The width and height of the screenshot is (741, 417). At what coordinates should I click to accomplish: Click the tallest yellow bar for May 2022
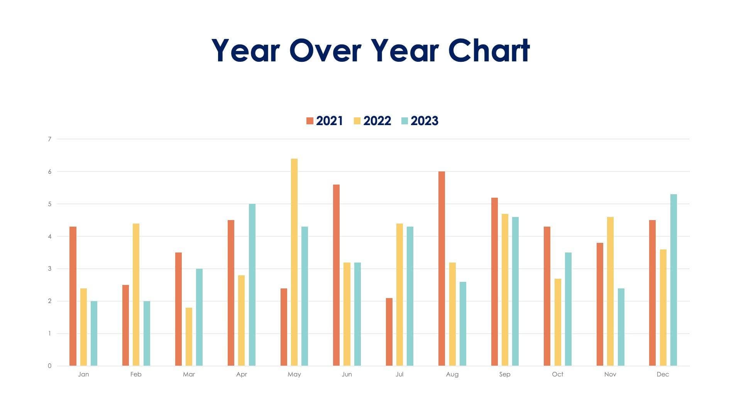(x=294, y=263)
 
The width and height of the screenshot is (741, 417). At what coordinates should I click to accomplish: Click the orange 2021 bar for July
(x=389, y=332)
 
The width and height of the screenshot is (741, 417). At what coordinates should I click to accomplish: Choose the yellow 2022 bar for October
(x=558, y=322)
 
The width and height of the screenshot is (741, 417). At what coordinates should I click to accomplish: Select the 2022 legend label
(x=377, y=121)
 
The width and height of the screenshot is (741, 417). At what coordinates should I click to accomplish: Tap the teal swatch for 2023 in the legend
(x=404, y=121)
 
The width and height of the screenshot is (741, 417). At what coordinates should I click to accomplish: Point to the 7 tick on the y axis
(x=49, y=139)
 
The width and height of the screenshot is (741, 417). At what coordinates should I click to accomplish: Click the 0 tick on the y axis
(x=49, y=366)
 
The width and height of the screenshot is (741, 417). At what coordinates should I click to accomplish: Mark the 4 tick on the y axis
(x=49, y=236)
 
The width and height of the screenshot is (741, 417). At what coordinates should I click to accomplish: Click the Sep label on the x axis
(x=504, y=374)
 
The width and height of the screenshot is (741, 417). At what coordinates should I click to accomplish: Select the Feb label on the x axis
(x=136, y=374)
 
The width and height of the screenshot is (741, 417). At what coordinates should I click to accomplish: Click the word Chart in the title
(x=489, y=51)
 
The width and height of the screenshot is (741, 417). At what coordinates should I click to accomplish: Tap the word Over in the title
(x=325, y=51)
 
